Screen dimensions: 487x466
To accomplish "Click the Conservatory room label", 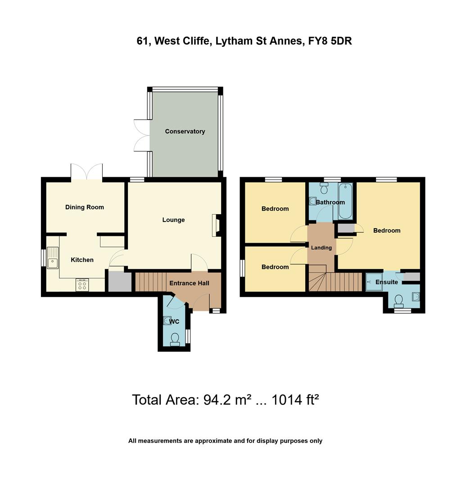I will tap(185, 131).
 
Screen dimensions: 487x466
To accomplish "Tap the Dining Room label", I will tap(85, 207).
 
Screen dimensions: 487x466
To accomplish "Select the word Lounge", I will tap(173, 220).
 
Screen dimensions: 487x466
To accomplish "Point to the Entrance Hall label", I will tap(189, 283).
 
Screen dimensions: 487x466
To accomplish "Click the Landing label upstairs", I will tap(321, 248).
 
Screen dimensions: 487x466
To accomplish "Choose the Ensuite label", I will tap(387, 282).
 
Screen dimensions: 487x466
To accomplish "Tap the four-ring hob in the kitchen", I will tap(82, 285).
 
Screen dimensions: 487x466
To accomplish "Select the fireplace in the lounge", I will tap(216, 225).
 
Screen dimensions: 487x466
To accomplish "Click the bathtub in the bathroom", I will tap(345, 201).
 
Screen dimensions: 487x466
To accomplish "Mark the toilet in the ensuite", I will tap(398, 300).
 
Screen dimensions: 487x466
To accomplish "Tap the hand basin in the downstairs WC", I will tap(167, 321).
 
